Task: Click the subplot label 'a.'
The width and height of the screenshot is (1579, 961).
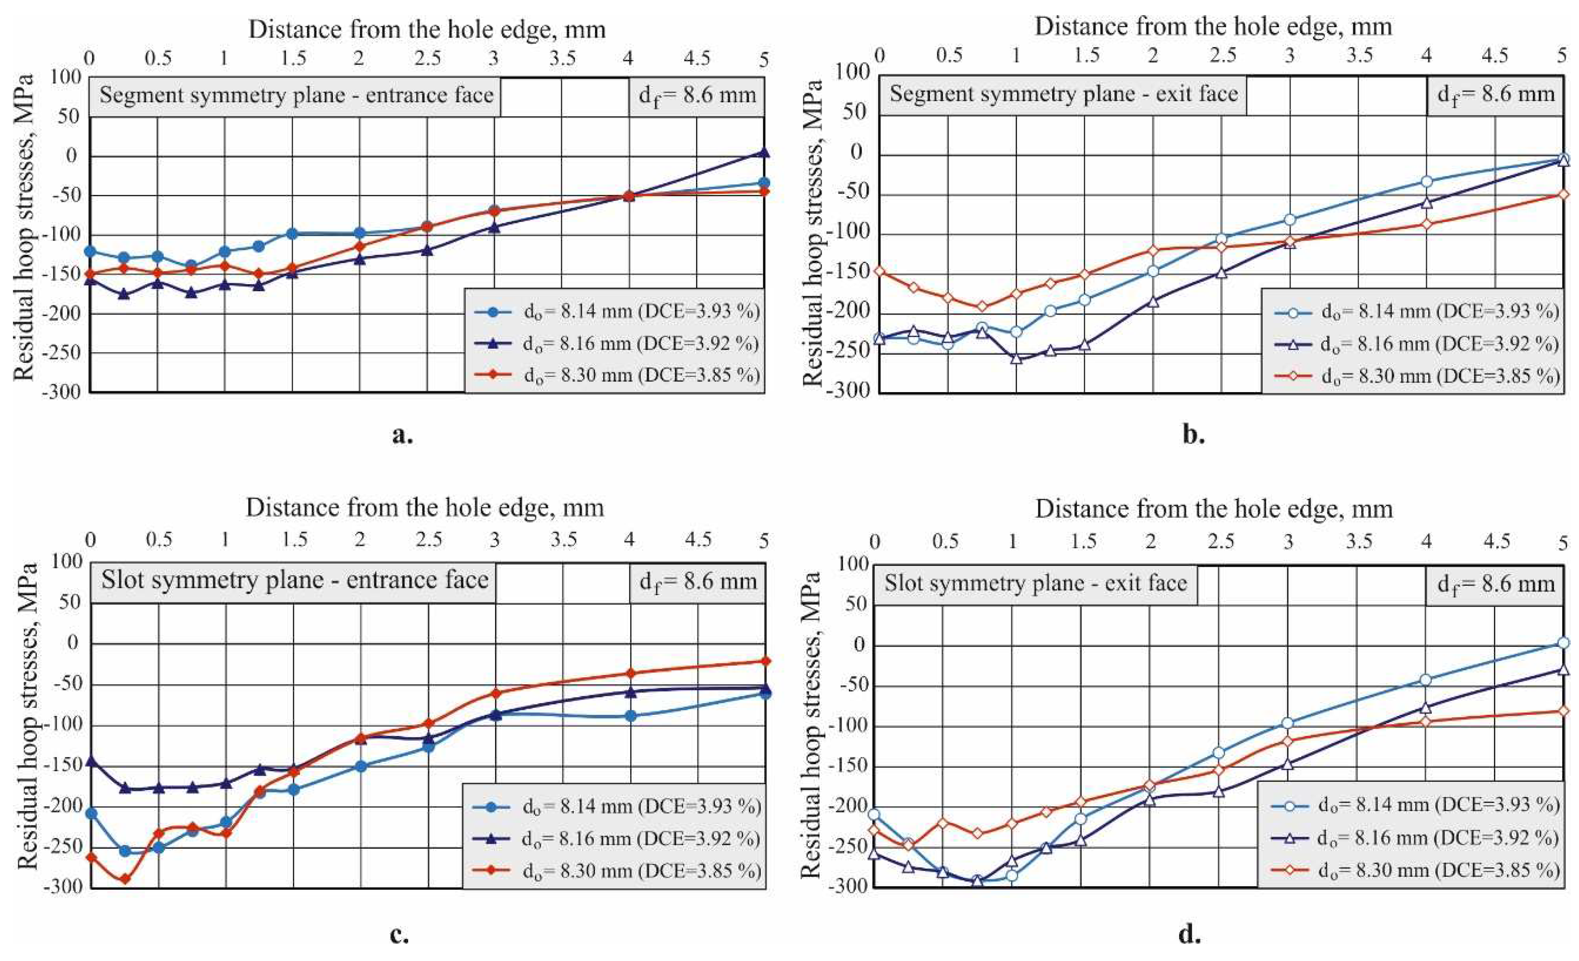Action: (402, 435)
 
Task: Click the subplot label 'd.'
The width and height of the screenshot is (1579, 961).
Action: (1190, 934)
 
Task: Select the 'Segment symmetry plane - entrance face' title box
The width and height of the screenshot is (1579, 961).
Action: (295, 96)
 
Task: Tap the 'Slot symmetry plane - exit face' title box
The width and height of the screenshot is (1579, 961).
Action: (1035, 584)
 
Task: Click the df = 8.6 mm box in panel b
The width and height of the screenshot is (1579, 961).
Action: (1495, 95)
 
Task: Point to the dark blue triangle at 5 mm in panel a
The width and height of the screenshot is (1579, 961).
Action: (763, 152)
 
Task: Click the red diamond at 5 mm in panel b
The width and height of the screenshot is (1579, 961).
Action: (1563, 194)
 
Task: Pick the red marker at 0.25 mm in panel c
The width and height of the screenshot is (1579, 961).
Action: (125, 879)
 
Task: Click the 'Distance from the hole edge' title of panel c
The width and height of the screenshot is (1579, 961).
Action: (425, 508)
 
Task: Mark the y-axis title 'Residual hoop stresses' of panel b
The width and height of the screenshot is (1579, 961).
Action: (812, 232)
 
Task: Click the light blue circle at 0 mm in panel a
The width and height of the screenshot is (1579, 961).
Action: (90, 251)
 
